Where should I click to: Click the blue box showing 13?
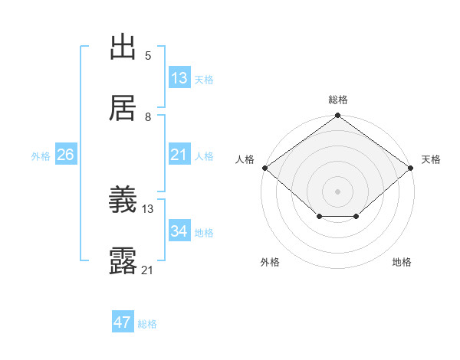179,78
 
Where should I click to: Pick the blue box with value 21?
179,155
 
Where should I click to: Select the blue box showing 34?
179,231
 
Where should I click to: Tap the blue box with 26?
65,155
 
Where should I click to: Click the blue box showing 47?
123,322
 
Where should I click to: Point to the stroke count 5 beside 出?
148,55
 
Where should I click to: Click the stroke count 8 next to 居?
148,116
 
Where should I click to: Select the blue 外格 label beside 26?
41,155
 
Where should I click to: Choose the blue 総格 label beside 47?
147,324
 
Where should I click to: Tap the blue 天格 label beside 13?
204,79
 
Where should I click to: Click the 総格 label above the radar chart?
337,100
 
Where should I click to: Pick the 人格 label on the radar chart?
245,159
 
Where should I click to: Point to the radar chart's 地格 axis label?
402,263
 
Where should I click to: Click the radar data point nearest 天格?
412,168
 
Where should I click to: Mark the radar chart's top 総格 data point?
337,116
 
